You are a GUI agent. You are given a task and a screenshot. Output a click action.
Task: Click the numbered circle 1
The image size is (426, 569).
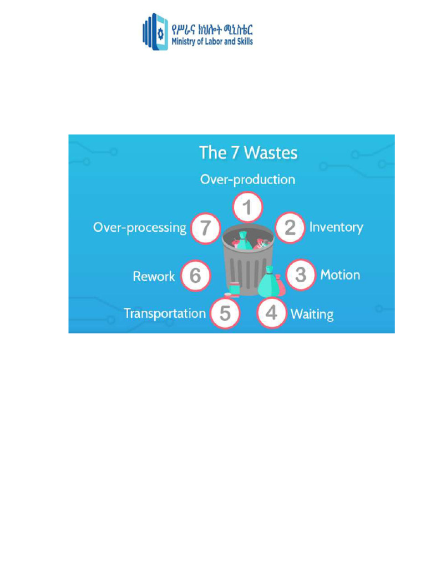pos(247,208)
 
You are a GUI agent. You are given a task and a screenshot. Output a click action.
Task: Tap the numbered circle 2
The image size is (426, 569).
pos(290,227)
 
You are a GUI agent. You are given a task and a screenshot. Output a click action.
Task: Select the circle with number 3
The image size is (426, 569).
pos(300,274)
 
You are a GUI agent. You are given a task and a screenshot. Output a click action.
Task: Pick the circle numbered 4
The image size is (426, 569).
pos(271,313)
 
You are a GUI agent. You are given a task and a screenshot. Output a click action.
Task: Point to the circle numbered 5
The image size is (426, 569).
pos(225,313)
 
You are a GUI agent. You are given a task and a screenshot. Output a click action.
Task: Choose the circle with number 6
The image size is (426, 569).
pos(195,276)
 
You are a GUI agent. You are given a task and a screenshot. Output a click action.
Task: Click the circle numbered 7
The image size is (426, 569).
pos(206,228)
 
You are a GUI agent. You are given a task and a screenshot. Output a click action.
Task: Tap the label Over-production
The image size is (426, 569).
pos(247,179)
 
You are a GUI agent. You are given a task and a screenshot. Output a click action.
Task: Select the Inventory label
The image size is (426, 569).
pos(336,227)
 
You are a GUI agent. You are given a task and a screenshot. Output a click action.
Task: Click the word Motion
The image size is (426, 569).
pos(340,275)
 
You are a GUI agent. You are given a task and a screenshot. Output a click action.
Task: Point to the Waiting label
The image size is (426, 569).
pos(312,314)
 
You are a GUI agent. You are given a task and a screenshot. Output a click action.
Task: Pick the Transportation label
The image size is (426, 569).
pos(164,313)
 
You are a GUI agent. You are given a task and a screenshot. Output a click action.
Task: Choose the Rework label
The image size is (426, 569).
pos(154,276)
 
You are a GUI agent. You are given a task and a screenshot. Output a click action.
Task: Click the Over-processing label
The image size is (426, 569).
pos(140,228)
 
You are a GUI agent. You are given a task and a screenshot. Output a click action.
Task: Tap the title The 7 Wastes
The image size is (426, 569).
pos(248,153)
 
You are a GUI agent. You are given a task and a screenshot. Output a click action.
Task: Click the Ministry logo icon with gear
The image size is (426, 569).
pos(156,32)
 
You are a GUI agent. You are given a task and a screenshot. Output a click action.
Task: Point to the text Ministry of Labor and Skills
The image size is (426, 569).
pos(212,41)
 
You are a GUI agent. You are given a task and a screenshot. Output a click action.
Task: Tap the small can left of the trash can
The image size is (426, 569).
pos(234,288)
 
